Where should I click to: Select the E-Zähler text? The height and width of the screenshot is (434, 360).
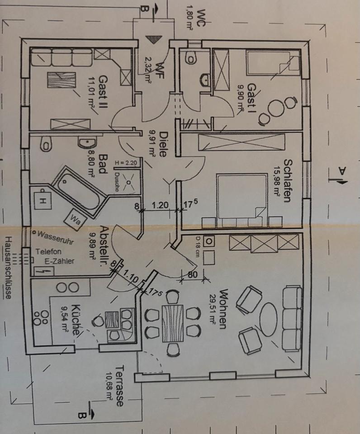(60, 261)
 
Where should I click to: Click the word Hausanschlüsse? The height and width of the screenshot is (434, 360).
(8, 267)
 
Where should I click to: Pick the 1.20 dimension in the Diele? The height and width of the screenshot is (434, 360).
(160, 205)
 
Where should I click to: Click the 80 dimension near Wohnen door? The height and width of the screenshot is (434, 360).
(192, 274)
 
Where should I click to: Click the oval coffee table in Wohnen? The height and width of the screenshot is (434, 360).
(268, 318)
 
